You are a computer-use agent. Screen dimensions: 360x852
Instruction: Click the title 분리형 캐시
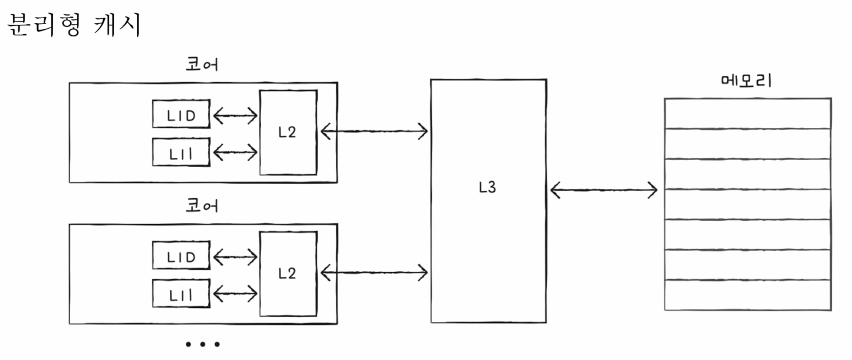[x=74, y=26]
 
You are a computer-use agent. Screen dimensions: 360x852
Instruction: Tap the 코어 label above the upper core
[x=201, y=64]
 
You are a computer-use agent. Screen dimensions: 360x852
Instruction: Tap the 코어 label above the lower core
[x=201, y=206]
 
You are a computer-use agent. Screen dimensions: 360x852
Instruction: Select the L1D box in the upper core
[x=181, y=114]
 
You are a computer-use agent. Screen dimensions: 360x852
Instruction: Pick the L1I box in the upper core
[x=181, y=152]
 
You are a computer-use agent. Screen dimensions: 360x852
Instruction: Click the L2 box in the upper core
[x=288, y=133]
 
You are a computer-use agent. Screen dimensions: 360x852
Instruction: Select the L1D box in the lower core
[x=181, y=256]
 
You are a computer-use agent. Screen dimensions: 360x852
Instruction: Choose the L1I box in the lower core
[x=181, y=293]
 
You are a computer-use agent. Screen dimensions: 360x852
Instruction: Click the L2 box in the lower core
[x=288, y=273]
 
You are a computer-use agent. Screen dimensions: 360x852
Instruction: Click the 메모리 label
[x=746, y=81]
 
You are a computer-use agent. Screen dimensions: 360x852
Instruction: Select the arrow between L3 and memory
[x=604, y=189]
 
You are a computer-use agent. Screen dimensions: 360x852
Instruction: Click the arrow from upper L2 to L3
[x=374, y=131]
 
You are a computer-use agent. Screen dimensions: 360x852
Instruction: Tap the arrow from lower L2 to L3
[x=374, y=271]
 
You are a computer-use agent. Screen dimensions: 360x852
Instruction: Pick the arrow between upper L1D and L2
[x=235, y=116]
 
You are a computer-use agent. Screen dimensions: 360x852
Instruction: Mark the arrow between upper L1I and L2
[x=235, y=153]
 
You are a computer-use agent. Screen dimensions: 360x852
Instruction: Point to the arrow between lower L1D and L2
[x=235, y=256]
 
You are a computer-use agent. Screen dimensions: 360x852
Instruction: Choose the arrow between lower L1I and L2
[x=235, y=293]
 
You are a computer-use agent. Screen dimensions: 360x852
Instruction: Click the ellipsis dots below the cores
[x=202, y=345]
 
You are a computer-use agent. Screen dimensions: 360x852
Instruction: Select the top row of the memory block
[x=747, y=113]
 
